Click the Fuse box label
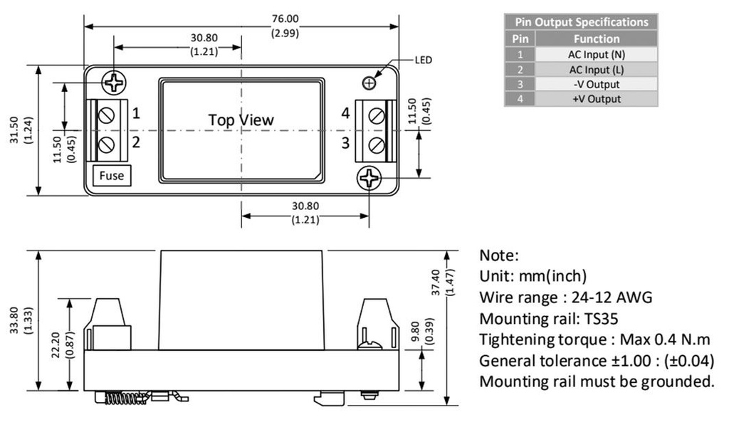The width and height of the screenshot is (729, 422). pyautogui.click(x=112, y=176)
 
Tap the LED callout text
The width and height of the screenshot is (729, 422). pyautogui.click(x=424, y=60)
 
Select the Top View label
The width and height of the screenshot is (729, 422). pyautogui.click(x=241, y=120)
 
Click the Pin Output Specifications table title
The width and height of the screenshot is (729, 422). pyautogui.click(x=582, y=22)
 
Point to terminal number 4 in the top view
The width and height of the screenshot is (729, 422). pyautogui.click(x=345, y=113)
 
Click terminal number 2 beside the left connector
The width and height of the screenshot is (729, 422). pyautogui.click(x=136, y=142)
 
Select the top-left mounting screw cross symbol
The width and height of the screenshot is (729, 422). pyautogui.click(x=113, y=83)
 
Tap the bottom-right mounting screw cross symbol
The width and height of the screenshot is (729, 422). pyautogui.click(x=369, y=179)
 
